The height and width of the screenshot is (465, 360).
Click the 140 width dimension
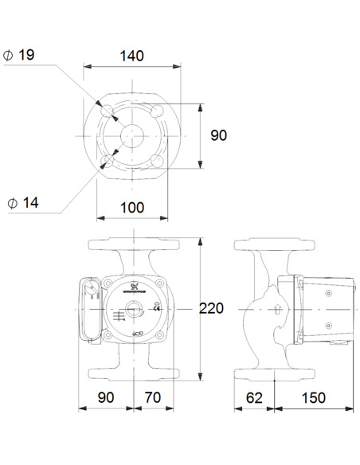tap(132, 56)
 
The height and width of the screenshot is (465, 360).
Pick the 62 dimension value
tap(254, 396)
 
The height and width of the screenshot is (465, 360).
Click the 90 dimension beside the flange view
tap(218, 135)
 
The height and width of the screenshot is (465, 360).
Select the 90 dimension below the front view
tap(106, 396)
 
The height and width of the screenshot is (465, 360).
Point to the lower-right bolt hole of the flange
tap(158, 161)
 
